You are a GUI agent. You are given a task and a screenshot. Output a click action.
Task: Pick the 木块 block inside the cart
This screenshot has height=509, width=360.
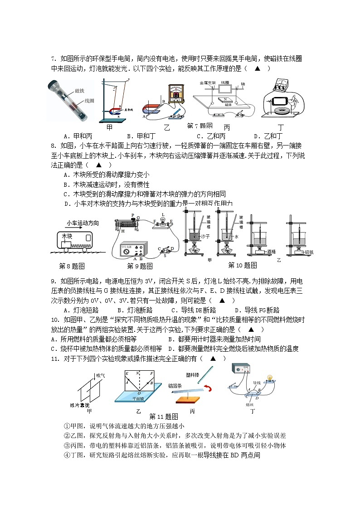tap(67, 237)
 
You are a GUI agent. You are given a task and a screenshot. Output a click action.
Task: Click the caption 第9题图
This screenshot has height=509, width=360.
tap(140, 266)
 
